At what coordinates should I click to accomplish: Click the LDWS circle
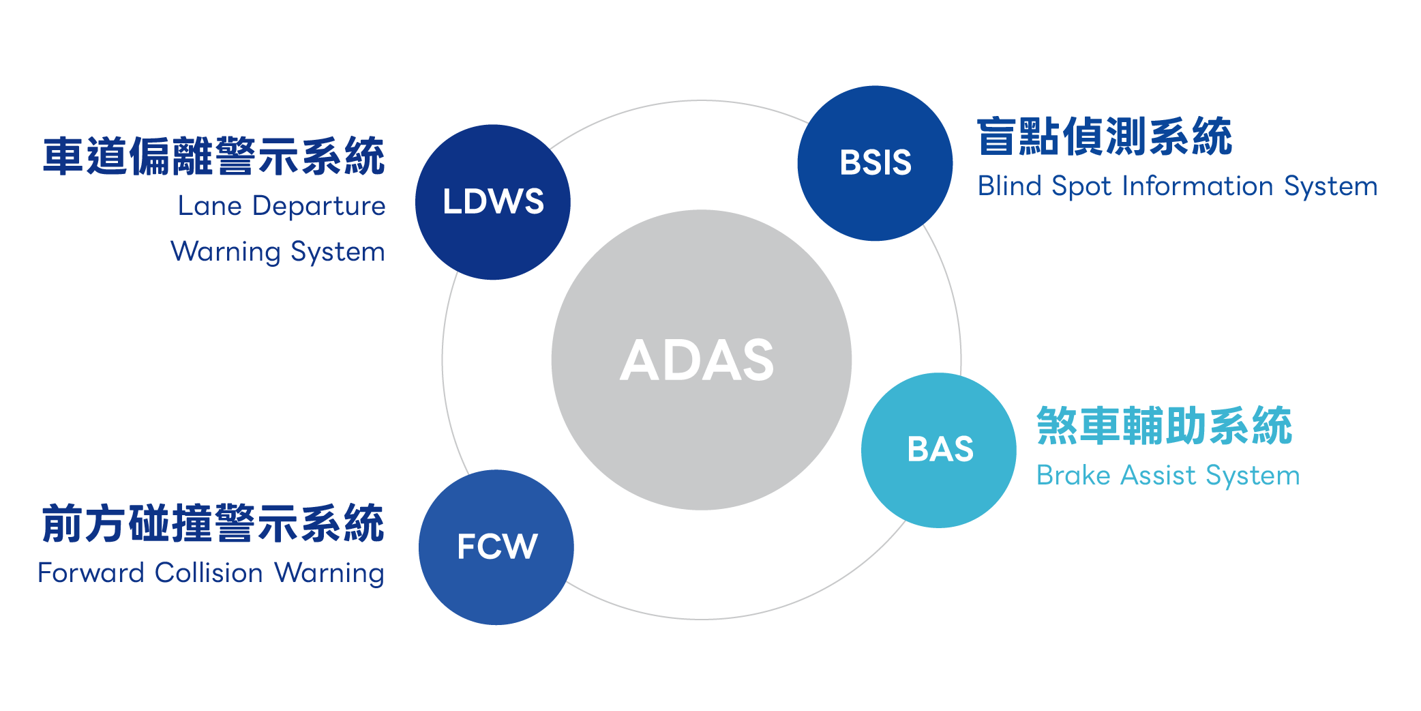[x=493, y=202]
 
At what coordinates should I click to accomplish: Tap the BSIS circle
[x=875, y=163]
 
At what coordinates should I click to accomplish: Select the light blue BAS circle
[x=939, y=450]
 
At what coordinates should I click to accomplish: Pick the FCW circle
[x=496, y=547]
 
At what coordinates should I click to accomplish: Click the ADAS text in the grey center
[x=697, y=360]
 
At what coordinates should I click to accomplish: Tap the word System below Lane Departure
[x=338, y=252]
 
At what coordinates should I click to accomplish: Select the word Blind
[x=1009, y=186]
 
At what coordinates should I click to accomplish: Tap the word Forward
[x=91, y=572]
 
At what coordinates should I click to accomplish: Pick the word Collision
[x=209, y=572]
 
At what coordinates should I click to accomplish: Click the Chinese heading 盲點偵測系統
[x=1104, y=136]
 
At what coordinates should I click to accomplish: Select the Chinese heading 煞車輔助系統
[x=1164, y=426]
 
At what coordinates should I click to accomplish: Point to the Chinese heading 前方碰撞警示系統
[x=213, y=524]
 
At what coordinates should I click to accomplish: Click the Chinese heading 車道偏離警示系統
[x=213, y=156]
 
